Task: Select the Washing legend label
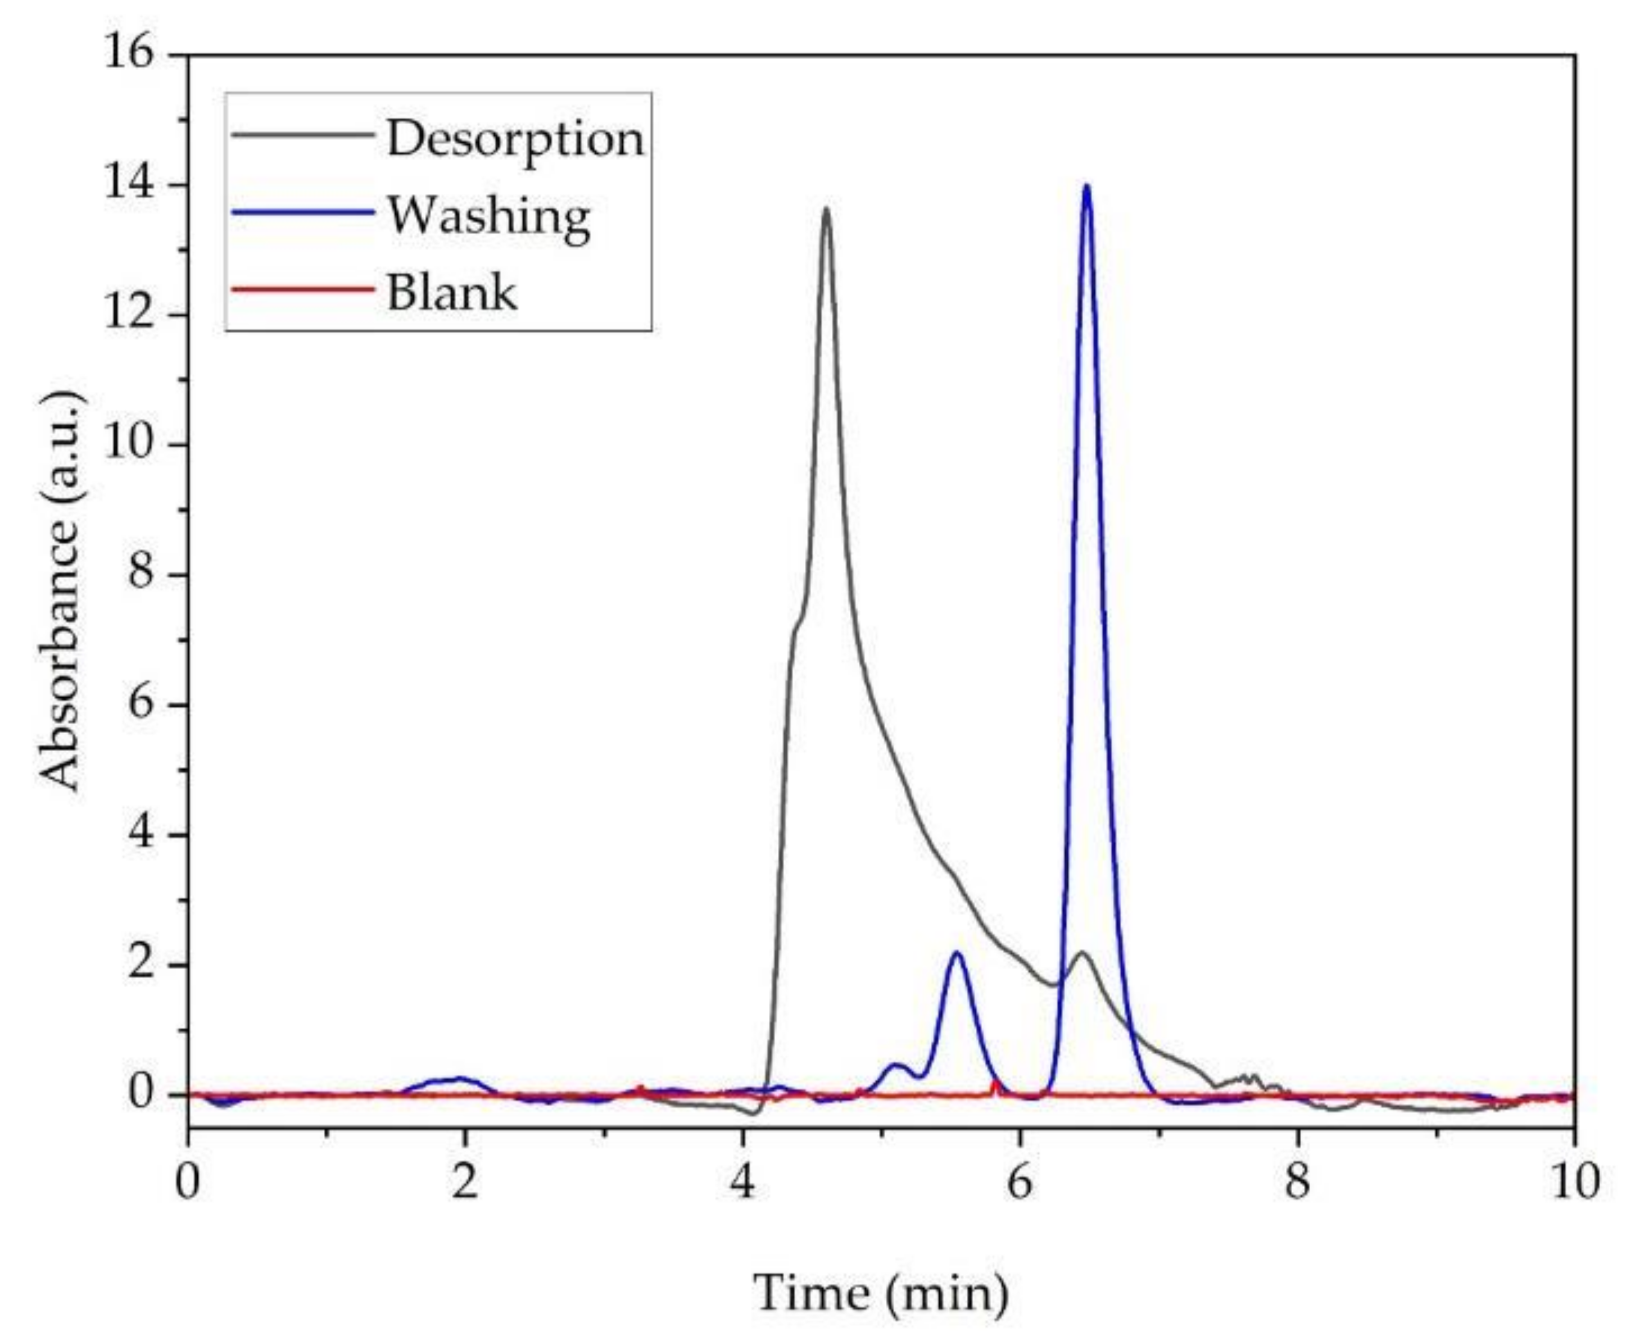tap(488, 217)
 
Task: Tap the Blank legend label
tap(451, 293)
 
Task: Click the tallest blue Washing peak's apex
tap(1086, 186)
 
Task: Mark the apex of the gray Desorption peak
tap(826, 210)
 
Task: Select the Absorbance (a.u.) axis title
tap(60, 591)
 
